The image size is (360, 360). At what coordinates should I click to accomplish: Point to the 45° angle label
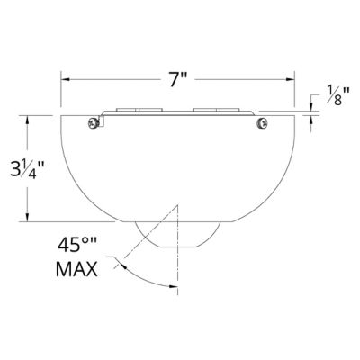pos(77,242)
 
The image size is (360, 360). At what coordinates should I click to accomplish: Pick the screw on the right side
pos(261,121)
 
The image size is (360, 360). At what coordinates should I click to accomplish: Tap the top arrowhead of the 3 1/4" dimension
pos(31,118)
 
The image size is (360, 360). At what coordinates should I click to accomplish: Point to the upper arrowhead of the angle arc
pos(114,260)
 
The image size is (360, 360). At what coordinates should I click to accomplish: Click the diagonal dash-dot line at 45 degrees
pos(148,242)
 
